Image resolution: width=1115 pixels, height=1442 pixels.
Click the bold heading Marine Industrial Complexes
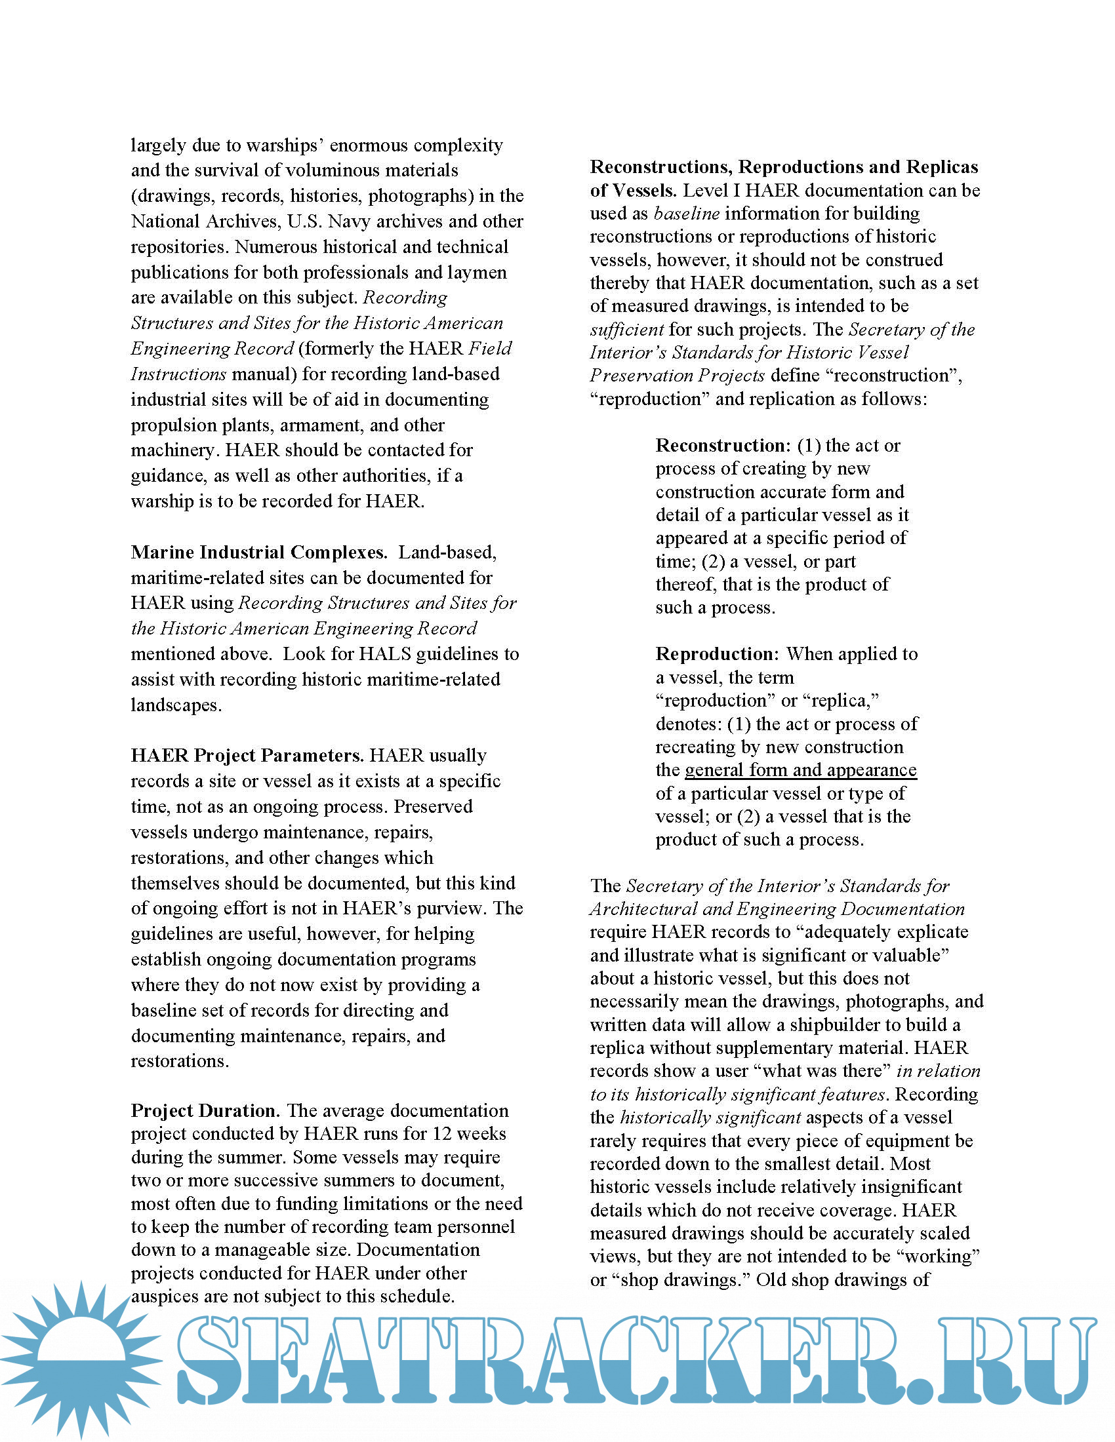pos(258,552)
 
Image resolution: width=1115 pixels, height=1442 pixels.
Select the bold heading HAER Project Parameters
pos(247,755)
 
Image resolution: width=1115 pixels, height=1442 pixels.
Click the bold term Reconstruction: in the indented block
pos(723,446)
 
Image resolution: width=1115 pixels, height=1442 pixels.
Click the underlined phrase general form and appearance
pos(801,770)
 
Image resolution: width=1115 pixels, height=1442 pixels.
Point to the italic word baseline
pos(686,213)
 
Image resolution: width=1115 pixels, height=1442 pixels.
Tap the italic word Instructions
pos(178,374)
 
